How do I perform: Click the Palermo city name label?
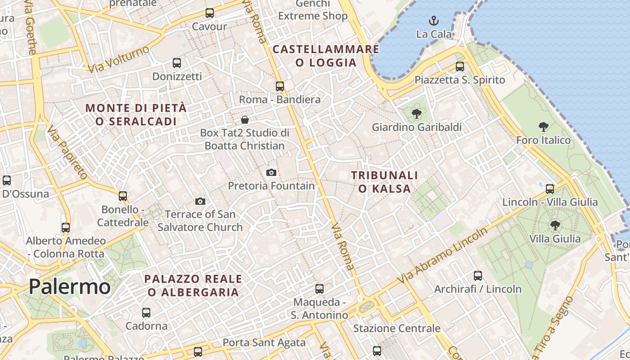tap(70, 287)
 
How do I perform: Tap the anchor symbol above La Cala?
tap(433, 21)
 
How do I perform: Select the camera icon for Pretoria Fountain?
tap(271, 172)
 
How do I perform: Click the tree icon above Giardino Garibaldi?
tap(417, 113)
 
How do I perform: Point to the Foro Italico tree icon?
tap(544, 127)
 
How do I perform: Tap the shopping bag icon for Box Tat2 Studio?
tap(245, 120)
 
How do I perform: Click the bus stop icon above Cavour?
tap(210, 13)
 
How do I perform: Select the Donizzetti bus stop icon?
tap(177, 63)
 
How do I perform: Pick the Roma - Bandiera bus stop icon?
tap(280, 86)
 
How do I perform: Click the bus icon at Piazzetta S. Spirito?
tap(460, 67)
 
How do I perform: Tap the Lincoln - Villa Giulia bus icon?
tap(550, 189)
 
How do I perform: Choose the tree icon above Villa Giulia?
tap(555, 225)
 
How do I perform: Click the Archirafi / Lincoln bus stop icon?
tap(478, 276)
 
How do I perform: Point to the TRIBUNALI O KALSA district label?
tap(385, 182)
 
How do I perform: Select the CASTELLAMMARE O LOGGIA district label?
tap(326, 56)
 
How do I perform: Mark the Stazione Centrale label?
tap(396, 328)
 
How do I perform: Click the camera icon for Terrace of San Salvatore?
tap(200, 201)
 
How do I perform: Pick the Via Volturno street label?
tap(119, 59)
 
